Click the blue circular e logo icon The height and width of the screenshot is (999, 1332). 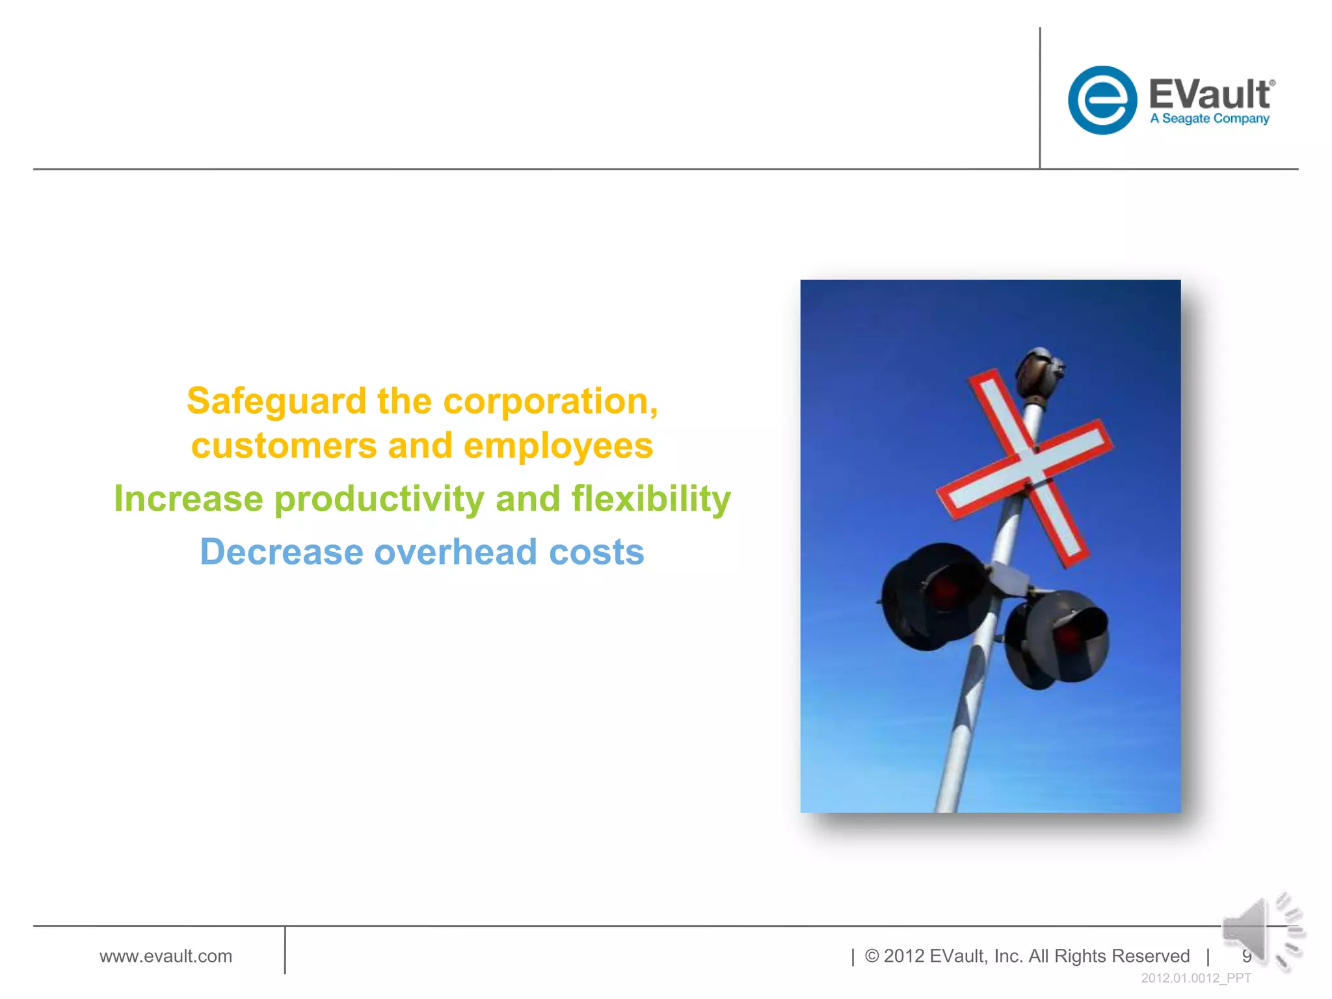[1102, 100]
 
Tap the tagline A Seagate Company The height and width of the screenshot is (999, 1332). [1209, 119]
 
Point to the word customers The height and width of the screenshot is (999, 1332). [284, 446]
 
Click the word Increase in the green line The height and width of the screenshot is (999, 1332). [189, 499]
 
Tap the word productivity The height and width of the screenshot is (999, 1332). [379, 500]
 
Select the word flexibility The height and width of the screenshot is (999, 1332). [651, 499]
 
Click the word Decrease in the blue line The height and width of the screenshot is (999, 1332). [282, 552]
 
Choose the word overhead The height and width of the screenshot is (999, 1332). [456, 552]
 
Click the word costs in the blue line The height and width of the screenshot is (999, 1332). [596, 552]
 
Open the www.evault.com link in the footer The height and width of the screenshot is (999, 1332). [166, 956]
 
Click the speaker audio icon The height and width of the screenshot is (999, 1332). [1262, 932]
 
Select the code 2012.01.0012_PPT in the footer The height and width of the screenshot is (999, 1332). [1196, 978]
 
